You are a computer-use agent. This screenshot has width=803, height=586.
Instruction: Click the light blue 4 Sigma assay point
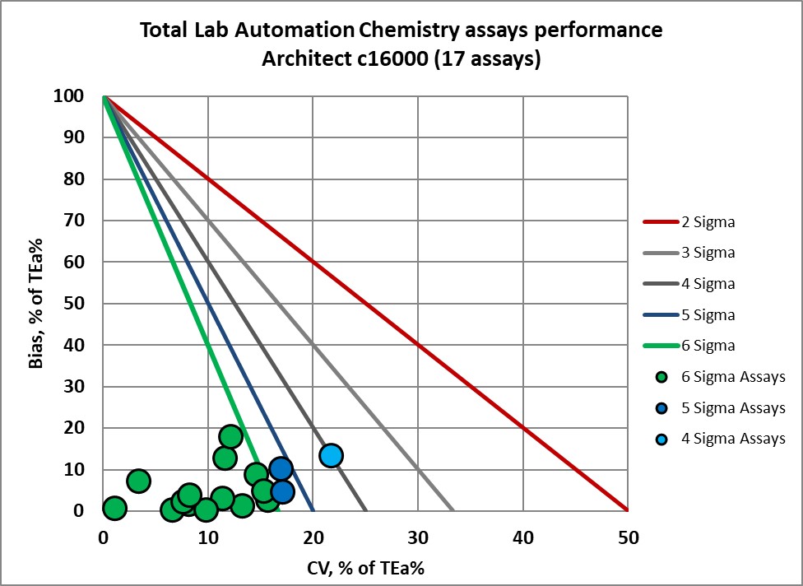[x=331, y=455]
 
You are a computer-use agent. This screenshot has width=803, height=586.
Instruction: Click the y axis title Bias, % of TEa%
[x=37, y=304]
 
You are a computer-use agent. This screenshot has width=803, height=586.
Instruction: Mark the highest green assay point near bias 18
[x=231, y=436]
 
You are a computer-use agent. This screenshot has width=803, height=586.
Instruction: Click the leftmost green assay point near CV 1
[x=114, y=508]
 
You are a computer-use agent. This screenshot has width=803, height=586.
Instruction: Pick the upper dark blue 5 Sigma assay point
[x=281, y=469]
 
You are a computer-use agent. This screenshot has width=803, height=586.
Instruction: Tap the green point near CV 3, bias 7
[x=138, y=481]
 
